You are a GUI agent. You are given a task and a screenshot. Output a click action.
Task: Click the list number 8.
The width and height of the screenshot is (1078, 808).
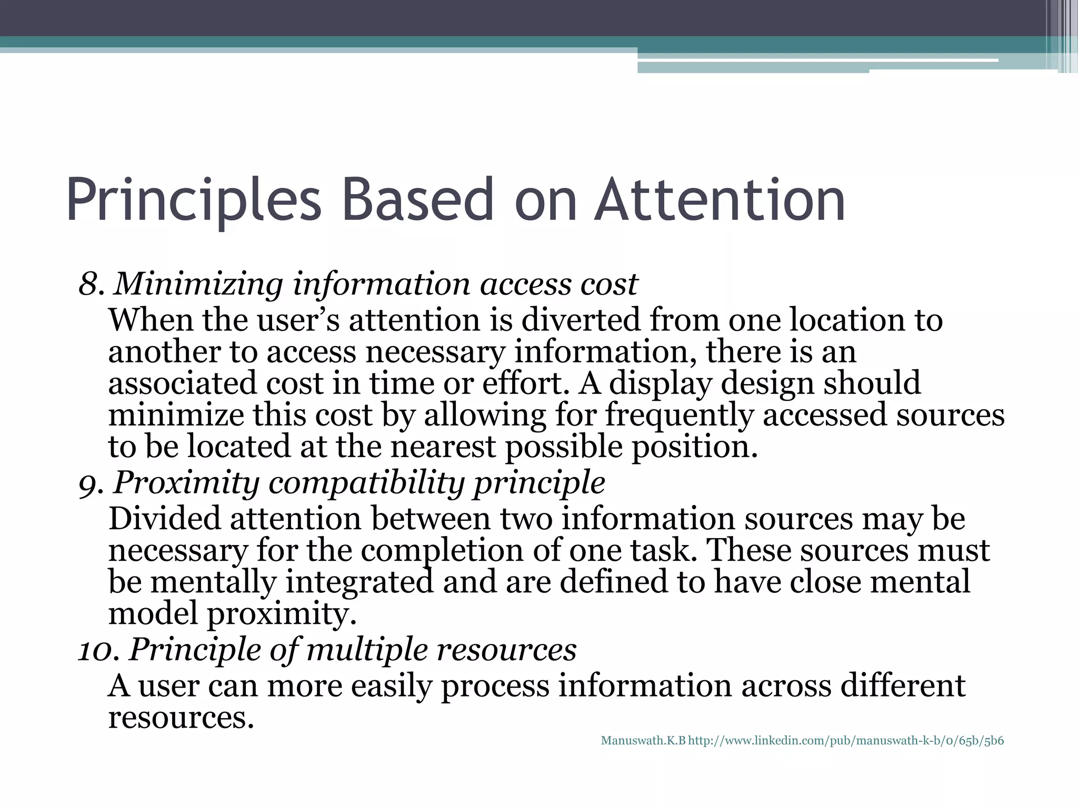pos(91,285)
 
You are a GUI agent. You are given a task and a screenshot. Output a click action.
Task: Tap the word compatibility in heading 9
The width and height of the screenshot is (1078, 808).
pos(367,483)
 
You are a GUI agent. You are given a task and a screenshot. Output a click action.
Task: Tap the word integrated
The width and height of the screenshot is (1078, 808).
pos(359,582)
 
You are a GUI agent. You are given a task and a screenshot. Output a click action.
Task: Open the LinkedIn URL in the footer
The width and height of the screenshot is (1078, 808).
pos(846,741)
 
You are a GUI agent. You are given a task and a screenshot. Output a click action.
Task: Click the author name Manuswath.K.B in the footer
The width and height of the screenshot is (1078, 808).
pos(643,741)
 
